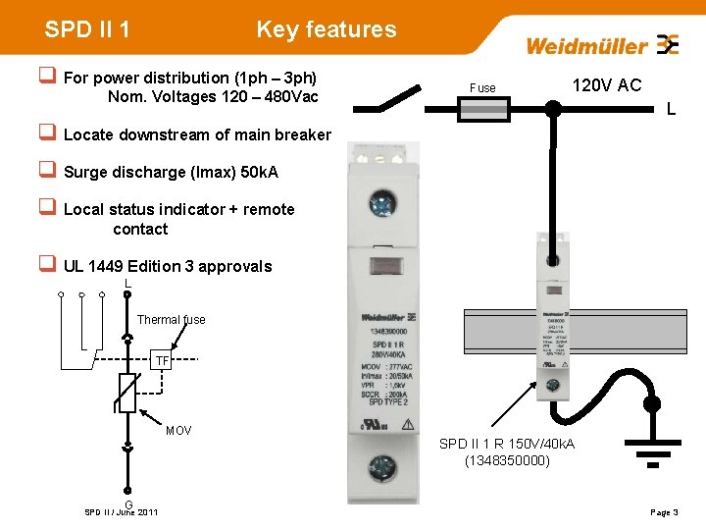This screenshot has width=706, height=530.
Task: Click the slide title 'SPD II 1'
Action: pos(87,29)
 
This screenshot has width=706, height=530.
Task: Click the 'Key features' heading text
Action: pos(327,29)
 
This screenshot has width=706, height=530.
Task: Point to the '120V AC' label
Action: pos(607,85)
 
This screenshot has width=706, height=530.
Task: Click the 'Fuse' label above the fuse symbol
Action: pos(482,88)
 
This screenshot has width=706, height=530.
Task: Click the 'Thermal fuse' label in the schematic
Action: pos(171,320)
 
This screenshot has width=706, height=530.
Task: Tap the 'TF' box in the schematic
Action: pos(163,360)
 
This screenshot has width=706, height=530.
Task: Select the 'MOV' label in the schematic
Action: pos(178,431)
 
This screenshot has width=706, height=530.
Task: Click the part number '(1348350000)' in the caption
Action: pos(507,460)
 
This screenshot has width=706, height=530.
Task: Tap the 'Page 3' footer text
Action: pos(664,512)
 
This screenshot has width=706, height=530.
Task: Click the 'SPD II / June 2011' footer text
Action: pos(122,512)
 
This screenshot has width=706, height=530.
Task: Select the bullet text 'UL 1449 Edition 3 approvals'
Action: pos(168,266)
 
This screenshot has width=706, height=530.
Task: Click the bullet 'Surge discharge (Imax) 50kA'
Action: pos(171,173)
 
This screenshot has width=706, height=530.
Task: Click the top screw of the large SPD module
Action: pos(379,204)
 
